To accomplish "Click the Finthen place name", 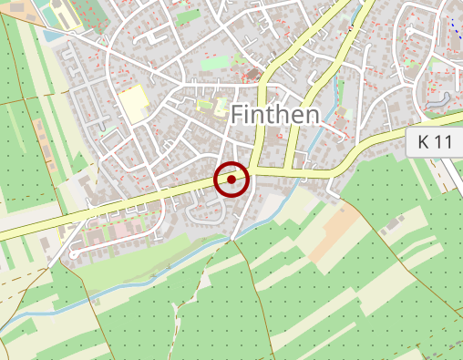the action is coord(275,115).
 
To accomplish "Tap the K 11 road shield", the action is coord(436,142).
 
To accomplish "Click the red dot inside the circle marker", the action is coord(232,180).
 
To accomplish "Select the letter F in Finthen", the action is coord(240,115).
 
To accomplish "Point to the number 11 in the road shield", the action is coord(445,142).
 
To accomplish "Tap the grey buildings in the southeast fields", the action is coord(395,222).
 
